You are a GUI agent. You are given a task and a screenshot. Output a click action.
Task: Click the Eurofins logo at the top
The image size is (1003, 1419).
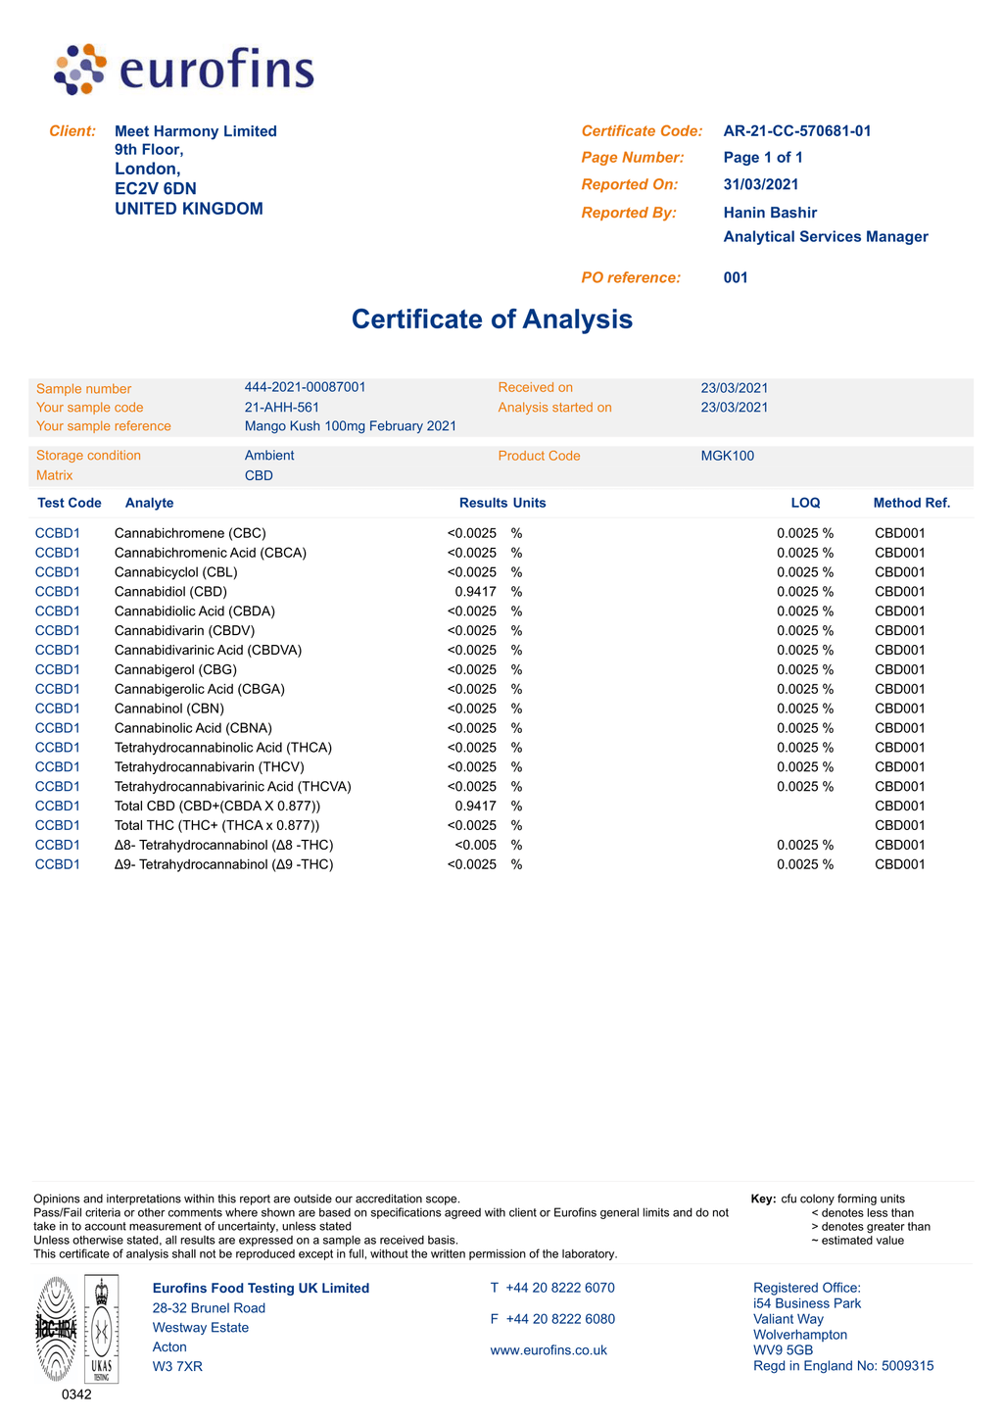point(184,70)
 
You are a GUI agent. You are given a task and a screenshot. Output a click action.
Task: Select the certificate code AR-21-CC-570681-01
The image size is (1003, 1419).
point(796,131)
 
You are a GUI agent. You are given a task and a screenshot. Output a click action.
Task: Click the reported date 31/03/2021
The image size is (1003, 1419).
point(761,184)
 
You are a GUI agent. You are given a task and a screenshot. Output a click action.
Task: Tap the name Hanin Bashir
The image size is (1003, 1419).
point(770,213)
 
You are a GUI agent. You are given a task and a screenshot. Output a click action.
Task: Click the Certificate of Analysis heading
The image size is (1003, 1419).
point(492,319)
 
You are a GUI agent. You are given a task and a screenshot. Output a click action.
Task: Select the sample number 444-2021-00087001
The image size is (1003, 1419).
point(305,387)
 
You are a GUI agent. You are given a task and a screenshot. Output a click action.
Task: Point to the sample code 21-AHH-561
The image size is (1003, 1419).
point(282,407)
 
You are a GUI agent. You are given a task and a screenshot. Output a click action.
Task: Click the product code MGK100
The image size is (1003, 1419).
point(727,456)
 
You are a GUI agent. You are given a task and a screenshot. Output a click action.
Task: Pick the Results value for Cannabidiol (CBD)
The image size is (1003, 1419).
point(476,592)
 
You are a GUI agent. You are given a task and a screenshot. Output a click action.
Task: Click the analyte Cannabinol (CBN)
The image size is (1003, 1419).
point(168,709)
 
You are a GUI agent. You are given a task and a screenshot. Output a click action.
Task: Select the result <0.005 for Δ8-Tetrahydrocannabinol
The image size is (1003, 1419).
point(476,845)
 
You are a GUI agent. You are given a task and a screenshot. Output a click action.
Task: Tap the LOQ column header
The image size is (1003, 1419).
point(805,503)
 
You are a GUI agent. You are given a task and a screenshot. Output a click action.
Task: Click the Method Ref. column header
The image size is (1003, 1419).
point(911,503)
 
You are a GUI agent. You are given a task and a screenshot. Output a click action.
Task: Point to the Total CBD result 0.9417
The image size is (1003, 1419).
point(476,807)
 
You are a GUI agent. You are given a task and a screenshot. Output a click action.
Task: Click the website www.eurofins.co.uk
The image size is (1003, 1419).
point(549,1350)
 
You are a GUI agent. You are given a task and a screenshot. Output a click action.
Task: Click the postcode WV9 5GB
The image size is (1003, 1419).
point(783,1350)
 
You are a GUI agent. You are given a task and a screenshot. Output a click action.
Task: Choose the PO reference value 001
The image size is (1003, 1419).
point(736,277)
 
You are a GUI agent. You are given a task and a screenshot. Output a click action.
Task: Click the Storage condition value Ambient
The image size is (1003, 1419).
point(269,456)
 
